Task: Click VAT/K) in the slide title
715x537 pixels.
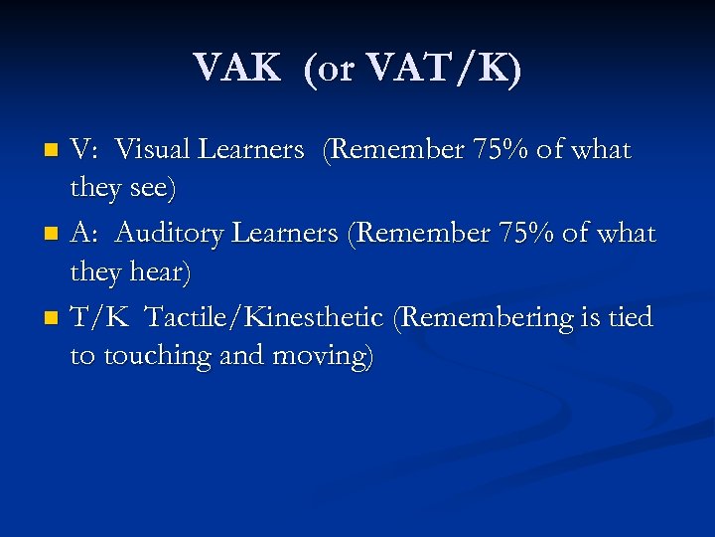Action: pyautogui.click(x=443, y=69)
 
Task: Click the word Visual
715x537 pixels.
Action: pyautogui.click(x=154, y=150)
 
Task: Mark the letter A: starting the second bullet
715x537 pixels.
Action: pyautogui.click(x=84, y=234)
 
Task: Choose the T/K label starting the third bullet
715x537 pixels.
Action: pyautogui.click(x=96, y=318)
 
